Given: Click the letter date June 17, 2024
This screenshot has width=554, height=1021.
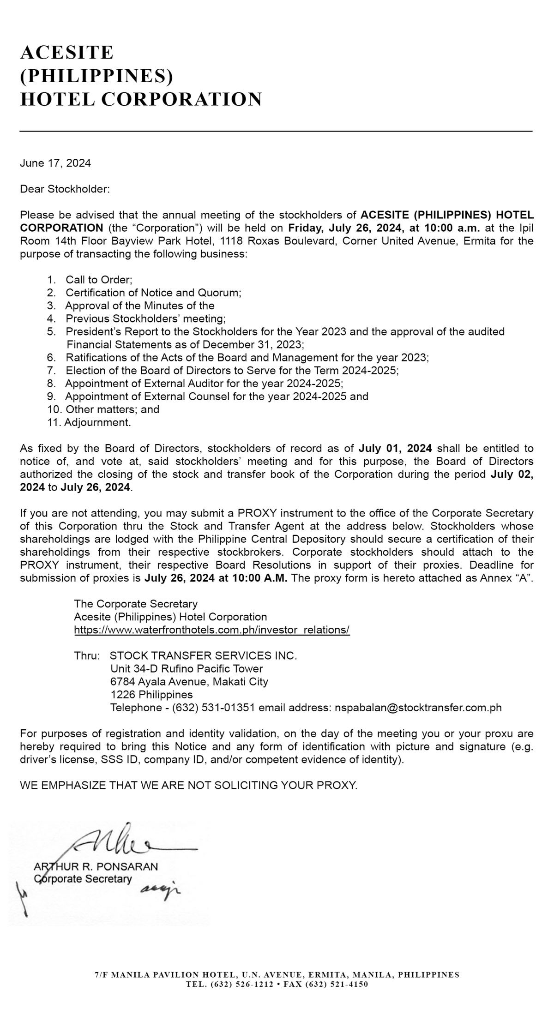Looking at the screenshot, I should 55,163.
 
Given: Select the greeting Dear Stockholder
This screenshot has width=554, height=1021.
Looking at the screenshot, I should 65,189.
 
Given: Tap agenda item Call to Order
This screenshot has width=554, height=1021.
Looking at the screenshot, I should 99,280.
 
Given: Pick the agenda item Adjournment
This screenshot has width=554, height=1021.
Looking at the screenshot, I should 97,422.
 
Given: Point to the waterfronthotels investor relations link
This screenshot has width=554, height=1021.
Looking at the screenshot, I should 211,630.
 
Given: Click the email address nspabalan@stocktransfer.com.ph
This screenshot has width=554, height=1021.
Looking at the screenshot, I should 418,708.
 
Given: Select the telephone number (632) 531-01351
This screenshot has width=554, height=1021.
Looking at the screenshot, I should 213,708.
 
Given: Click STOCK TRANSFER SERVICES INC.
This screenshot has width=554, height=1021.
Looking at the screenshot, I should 203,656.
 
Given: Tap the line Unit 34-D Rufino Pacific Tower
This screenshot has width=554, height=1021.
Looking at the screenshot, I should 187,669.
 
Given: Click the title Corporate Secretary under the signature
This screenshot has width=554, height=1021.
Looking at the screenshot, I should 83,879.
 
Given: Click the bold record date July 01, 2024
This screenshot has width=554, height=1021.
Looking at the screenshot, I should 395,448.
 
